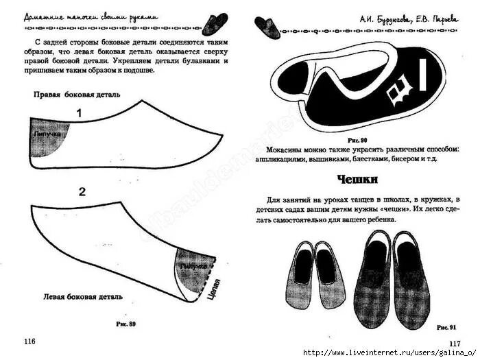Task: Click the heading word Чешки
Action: pyautogui.click(x=358, y=180)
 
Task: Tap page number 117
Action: pyautogui.click(x=454, y=344)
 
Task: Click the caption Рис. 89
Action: pyautogui.click(x=128, y=323)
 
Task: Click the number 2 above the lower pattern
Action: pyautogui.click(x=82, y=192)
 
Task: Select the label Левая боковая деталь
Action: pyautogui.click(x=83, y=297)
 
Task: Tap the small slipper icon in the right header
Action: pyautogui.click(x=265, y=25)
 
